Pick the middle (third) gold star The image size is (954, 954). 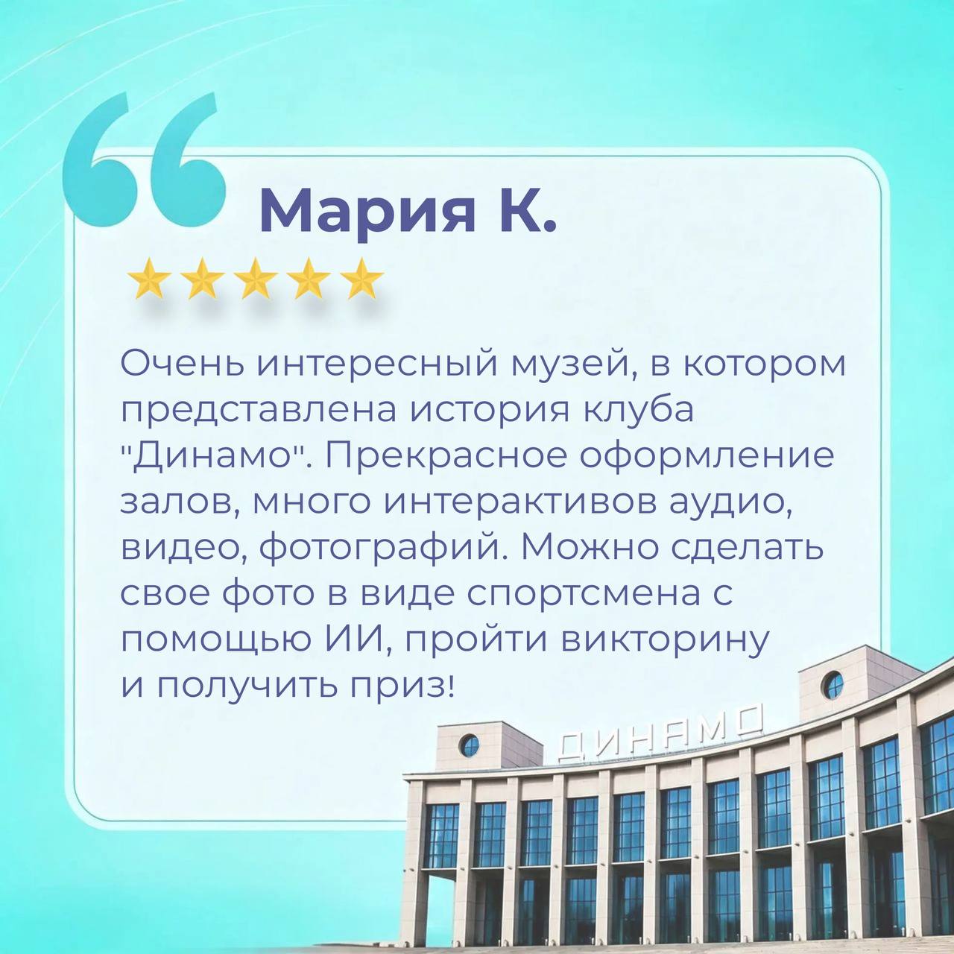tap(256, 279)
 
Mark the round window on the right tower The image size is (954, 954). tap(834, 686)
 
